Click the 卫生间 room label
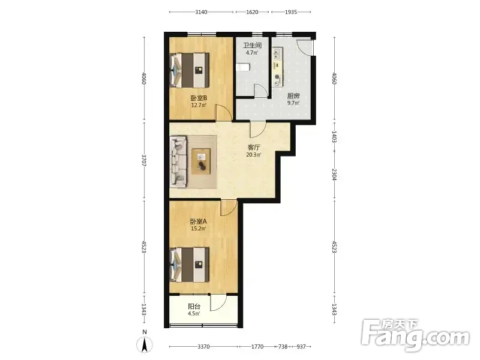tap(252, 46)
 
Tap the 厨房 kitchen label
tap(293, 96)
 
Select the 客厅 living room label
tap(254, 148)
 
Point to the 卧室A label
tap(199, 221)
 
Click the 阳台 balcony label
tap(194, 306)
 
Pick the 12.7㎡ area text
tap(199, 106)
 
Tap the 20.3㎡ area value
tap(254, 155)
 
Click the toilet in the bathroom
tap(243, 67)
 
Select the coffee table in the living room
tap(201, 161)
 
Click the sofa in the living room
tap(178, 161)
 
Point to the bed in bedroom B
tap(190, 70)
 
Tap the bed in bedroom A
tap(190, 265)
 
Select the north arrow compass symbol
tap(145, 344)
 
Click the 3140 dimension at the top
tap(201, 12)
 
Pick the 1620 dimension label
tap(252, 12)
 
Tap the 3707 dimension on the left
tap(144, 160)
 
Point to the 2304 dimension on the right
tap(334, 175)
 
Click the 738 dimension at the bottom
tap(283, 347)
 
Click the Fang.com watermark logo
tap(415, 335)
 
